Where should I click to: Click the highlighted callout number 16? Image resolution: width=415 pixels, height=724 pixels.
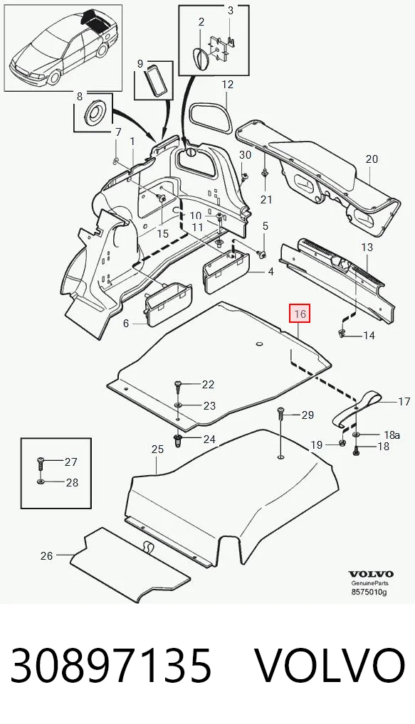click(300, 314)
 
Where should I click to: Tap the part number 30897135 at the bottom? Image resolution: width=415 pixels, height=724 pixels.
click(111, 666)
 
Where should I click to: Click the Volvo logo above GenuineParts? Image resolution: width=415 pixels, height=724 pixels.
click(371, 574)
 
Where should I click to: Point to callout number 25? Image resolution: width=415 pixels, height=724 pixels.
click(157, 449)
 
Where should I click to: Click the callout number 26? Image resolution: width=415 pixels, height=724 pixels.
click(47, 555)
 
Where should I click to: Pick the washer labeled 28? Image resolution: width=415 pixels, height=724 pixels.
click(40, 482)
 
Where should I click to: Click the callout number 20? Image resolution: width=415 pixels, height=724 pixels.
click(372, 159)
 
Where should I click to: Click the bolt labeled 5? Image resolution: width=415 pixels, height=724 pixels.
click(263, 254)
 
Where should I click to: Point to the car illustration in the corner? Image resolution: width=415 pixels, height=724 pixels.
click(63, 48)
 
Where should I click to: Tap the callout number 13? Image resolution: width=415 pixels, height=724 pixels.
click(367, 247)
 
